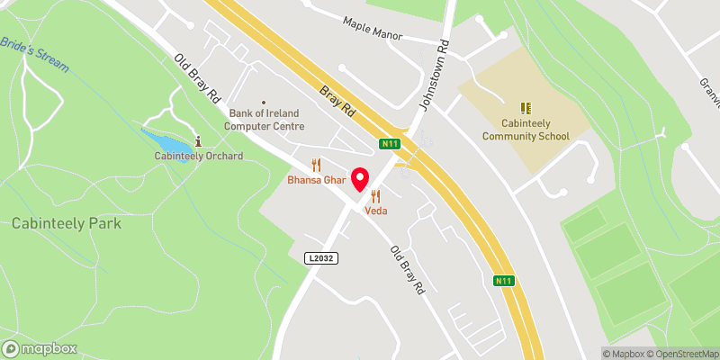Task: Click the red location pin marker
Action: coord(361,179)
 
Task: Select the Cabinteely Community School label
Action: coord(526,130)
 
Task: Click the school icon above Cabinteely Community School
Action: coord(526,108)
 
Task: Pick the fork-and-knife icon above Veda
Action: coord(375,195)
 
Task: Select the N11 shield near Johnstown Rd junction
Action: coord(390,143)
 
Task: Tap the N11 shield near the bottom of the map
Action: coord(504,282)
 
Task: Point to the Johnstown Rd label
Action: coord(436,75)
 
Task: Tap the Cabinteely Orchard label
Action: coord(198,156)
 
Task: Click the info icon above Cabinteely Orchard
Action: coord(198,140)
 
